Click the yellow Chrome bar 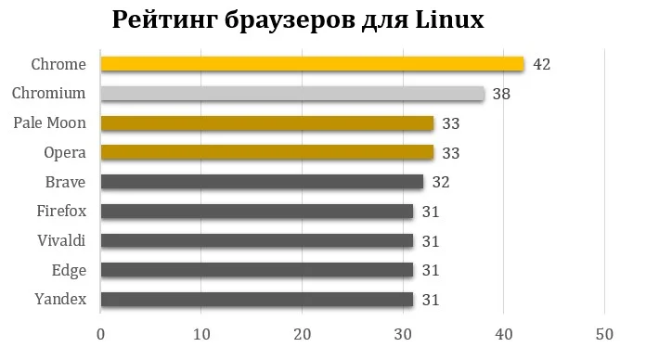pos(312,64)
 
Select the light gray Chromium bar pos(292,94)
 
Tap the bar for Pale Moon pos(267,123)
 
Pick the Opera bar pos(267,152)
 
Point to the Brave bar pos(262,182)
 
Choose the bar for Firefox pos(257,212)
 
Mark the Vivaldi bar pos(257,240)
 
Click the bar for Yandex pos(257,299)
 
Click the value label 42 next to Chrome pos(542,64)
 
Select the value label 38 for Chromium pos(501,94)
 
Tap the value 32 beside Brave pos(440,182)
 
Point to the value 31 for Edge pos(430,270)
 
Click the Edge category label pos(69,270)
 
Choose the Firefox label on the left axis pos(61,212)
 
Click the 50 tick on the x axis pos(604,333)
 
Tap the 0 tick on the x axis pos(100,333)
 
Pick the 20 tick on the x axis pos(302,333)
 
